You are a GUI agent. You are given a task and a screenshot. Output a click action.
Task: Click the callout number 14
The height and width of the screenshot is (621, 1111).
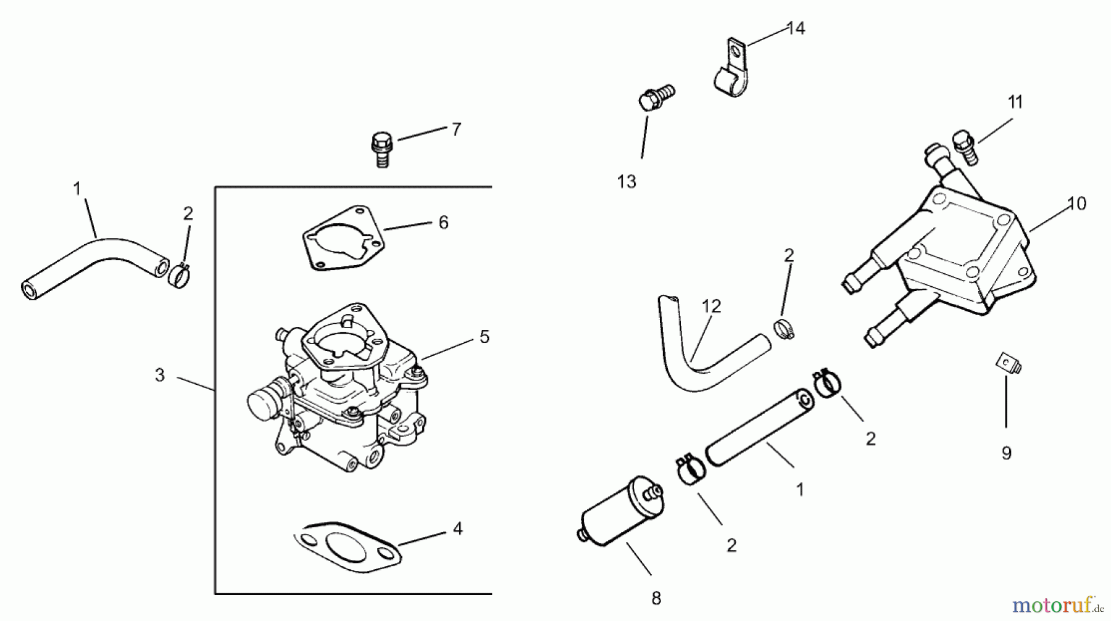click(796, 28)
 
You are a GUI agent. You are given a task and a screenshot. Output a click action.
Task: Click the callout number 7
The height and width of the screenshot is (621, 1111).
click(456, 130)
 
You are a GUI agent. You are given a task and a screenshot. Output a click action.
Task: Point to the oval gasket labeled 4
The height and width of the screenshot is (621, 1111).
click(347, 545)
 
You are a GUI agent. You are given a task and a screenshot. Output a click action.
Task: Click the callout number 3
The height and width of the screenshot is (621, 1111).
click(160, 375)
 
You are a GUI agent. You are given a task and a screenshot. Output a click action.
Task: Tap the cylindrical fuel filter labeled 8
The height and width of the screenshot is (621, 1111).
click(620, 509)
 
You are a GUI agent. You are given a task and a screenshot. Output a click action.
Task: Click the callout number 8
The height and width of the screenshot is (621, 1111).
click(656, 598)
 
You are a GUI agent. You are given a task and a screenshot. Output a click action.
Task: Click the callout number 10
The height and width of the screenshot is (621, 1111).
click(1076, 204)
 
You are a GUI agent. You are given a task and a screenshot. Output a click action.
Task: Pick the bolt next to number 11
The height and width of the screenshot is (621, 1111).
click(965, 146)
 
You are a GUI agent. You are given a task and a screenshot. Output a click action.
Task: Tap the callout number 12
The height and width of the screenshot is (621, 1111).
click(711, 306)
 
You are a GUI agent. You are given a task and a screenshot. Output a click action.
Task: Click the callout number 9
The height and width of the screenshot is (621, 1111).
click(1007, 454)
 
